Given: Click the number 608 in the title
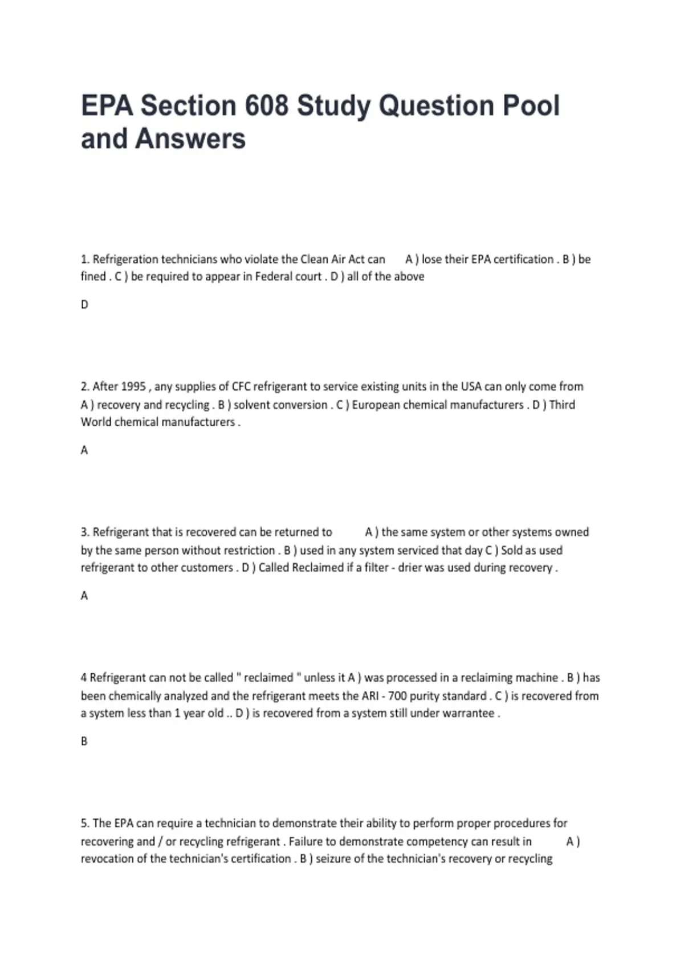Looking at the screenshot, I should click(x=266, y=106).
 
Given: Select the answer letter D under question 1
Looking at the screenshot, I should click(x=84, y=305).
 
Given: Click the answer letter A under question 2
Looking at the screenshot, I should click(x=84, y=450).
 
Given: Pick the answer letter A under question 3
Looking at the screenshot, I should click(x=84, y=596).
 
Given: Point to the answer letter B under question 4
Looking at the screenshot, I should click(x=84, y=742).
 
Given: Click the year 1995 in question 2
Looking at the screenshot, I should click(x=133, y=386).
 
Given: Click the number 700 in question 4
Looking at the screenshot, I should click(x=397, y=696).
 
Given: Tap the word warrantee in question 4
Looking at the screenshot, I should click(x=470, y=713).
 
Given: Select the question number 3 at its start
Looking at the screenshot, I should click(x=85, y=532).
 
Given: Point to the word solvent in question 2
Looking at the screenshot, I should click(x=251, y=405).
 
